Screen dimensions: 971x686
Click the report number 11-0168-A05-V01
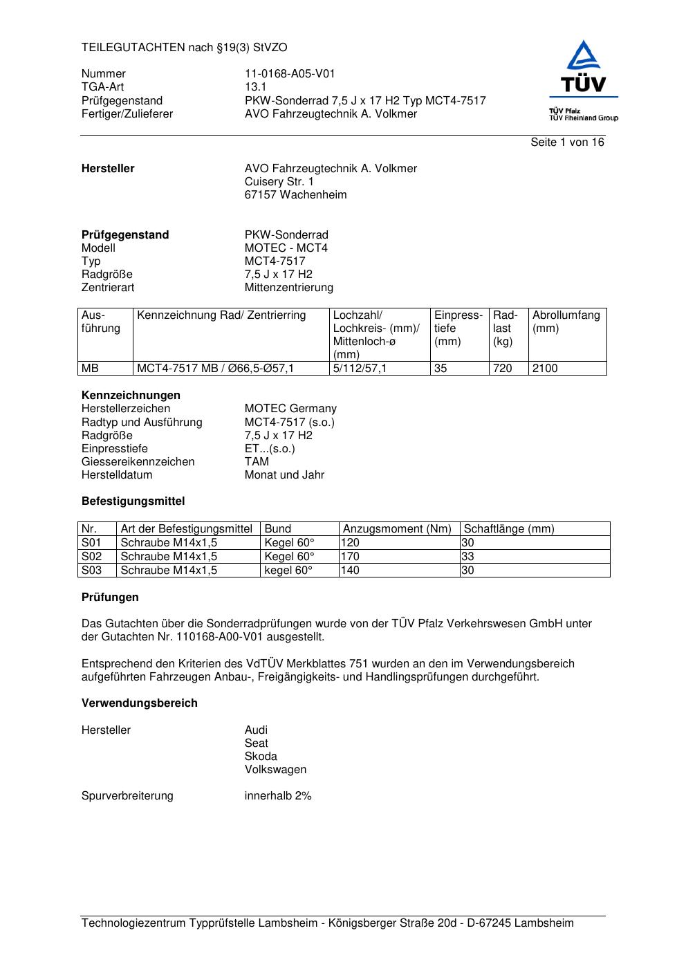290,74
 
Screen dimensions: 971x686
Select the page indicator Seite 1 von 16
566,142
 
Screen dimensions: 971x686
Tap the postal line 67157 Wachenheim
295,195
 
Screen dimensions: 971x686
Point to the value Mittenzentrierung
288,288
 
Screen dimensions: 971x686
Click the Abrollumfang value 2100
544,369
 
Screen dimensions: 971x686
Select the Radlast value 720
502,369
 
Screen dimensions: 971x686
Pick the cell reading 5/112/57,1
360,369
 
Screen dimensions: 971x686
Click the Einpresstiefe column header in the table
458,328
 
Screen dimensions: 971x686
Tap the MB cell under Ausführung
91,369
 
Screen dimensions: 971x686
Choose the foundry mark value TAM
257,462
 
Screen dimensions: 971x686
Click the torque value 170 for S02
351,557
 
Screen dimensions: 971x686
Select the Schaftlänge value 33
468,557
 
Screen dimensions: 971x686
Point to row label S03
91,571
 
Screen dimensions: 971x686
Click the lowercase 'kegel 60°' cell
288,571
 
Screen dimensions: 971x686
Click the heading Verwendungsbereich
139,703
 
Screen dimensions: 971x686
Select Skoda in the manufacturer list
261,757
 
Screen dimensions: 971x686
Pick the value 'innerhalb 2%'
278,796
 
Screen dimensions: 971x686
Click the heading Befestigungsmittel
133,501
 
